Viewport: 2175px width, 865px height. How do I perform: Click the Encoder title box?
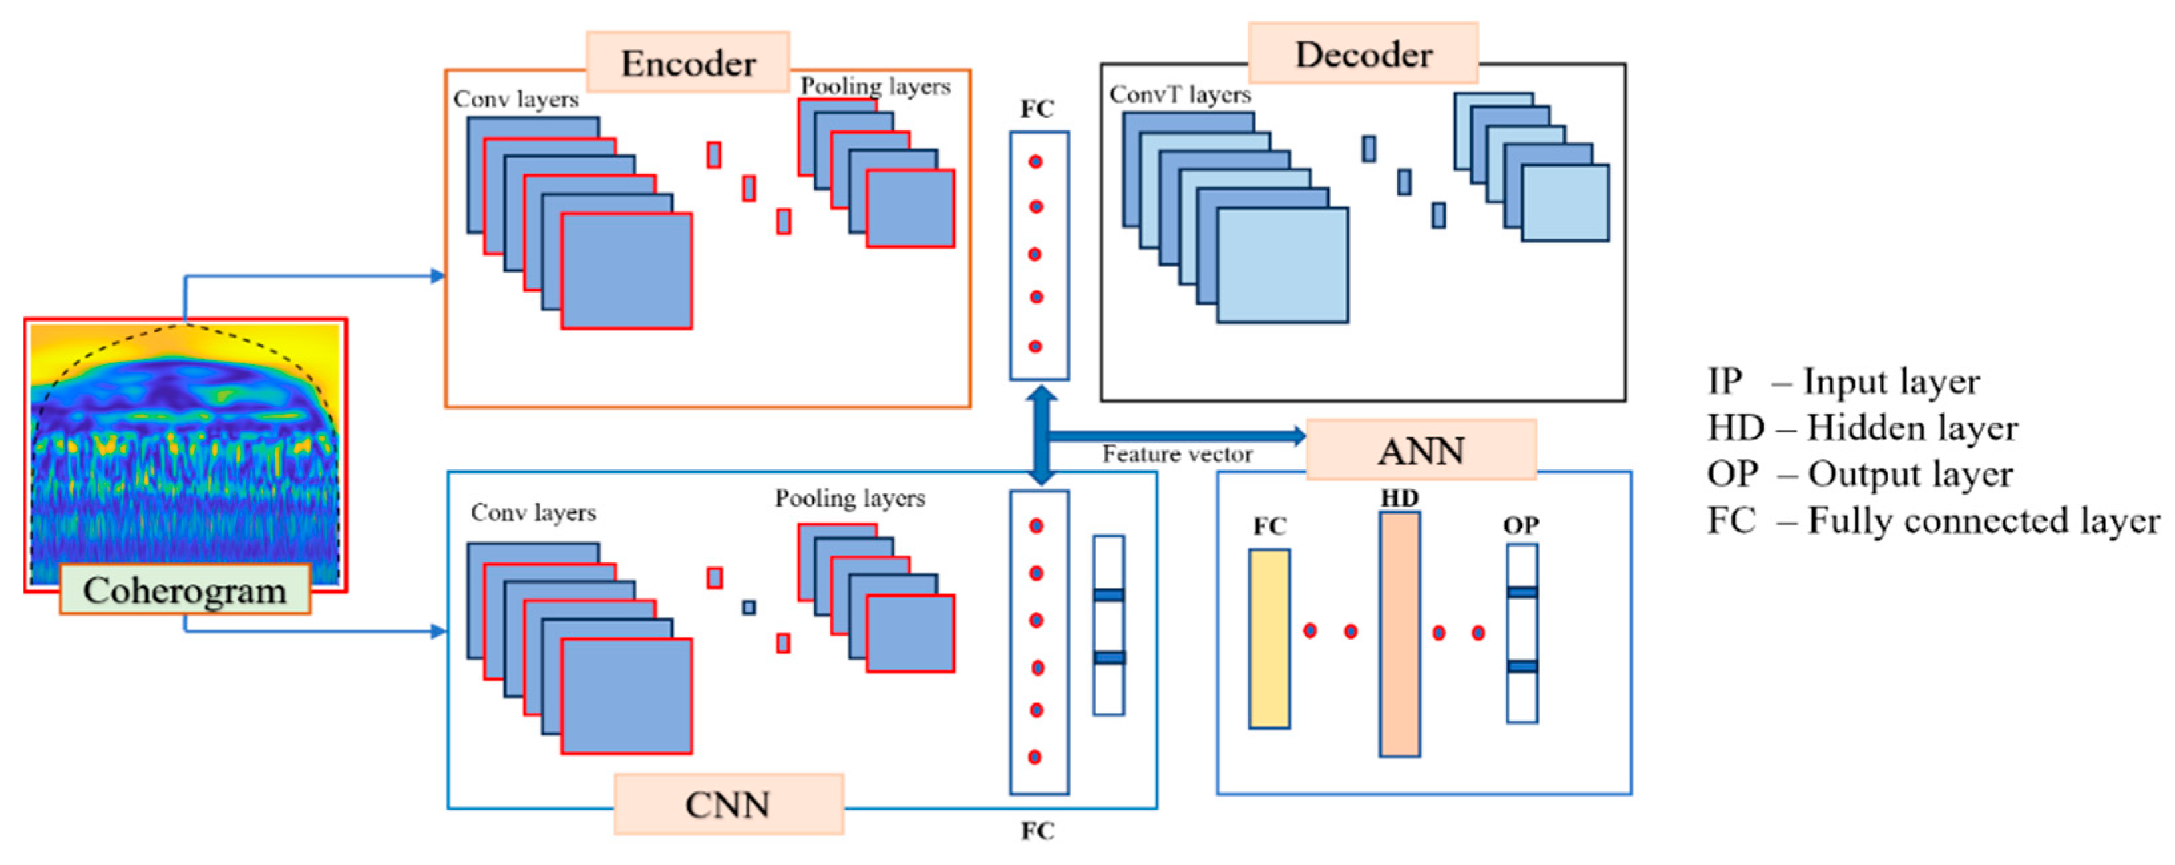coord(687,62)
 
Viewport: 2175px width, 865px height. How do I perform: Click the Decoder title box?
coord(1363,53)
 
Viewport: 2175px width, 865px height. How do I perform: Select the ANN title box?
coord(1421,451)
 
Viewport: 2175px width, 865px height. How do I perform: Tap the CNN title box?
coord(728,804)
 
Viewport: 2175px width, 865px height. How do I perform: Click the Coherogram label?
coord(185,590)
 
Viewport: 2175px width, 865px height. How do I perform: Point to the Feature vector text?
coord(1177,455)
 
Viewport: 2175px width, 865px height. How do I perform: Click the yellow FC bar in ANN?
coord(1269,638)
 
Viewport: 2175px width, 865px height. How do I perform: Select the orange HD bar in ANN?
coord(1399,634)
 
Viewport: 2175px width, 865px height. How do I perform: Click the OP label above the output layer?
coord(1521,525)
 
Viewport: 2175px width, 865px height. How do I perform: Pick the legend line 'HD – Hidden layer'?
coord(1862,428)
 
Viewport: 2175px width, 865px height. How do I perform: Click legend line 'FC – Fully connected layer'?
coord(1933,521)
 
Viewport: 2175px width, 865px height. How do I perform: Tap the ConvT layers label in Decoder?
coord(1180,94)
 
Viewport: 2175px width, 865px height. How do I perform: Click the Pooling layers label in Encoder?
coord(875,86)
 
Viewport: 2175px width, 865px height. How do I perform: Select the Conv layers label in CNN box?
coord(533,512)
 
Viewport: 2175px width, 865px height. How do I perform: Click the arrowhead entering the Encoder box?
coord(437,276)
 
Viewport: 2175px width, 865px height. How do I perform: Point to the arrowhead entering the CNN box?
coord(438,631)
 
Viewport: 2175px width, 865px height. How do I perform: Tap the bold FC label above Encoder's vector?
coord(1037,109)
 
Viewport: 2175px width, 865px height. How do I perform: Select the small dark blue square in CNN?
coord(748,607)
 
